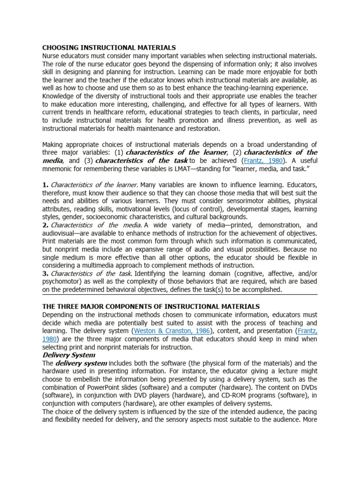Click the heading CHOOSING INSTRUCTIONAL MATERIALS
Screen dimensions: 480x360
coord(109,47)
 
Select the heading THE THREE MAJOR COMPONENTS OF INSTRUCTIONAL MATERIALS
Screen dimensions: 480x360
coord(150,306)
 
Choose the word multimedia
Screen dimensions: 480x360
coord(109,265)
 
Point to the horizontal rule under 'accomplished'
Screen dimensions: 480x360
coord(180,295)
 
